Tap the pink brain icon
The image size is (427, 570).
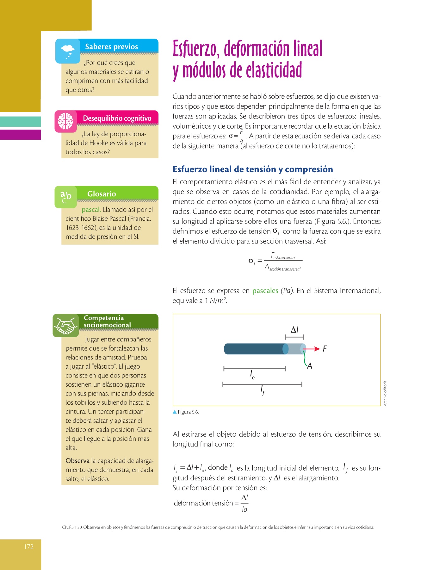click(66, 121)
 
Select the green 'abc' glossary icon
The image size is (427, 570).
click(66, 197)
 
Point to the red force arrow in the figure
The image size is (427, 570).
click(312, 349)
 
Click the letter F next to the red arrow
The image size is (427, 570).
click(325, 349)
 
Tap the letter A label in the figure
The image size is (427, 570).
click(310, 366)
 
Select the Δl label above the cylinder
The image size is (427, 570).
click(294, 330)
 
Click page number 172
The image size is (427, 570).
click(28, 547)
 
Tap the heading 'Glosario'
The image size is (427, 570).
click(102, 194)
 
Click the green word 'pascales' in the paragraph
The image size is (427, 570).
click(265, 291)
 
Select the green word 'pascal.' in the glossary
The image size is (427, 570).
click(91, 210)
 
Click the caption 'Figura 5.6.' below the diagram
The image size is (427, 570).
click(188, 412)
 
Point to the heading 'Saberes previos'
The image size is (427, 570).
click(111, 47)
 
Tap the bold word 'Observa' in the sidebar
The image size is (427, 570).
click(77, 461)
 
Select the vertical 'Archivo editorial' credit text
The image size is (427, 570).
click(385, 393)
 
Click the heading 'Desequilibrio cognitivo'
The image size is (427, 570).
click(117, 118)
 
